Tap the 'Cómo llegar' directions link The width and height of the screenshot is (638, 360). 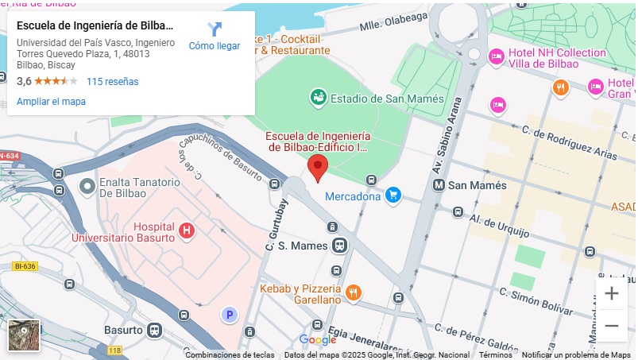pyautogui.click(x=215, y=37)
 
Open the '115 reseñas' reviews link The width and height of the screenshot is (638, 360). pyautogui.click(x=112, y=81)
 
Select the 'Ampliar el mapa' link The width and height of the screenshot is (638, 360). pyautogui.click(x=51, y=101)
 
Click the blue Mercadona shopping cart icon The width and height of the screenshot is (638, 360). pyautogui.click(x=392, y=195)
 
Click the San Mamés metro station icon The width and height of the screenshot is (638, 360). pyautogui.click(x=439, y=185)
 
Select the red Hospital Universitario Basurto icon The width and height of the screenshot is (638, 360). pyautogui.click(x=187, y=230)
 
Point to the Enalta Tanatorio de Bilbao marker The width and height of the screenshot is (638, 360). pyautogui.click(x=87, y=187)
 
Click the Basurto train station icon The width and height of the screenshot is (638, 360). pyautogui.click(x=154, y=330)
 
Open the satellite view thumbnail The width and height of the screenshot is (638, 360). pyautogui.click(x=24, y=335)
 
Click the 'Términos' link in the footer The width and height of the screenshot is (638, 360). pyautogui.click(x=495, y=355)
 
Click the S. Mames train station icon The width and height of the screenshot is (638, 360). pyautogui.click(x=339, y=246)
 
